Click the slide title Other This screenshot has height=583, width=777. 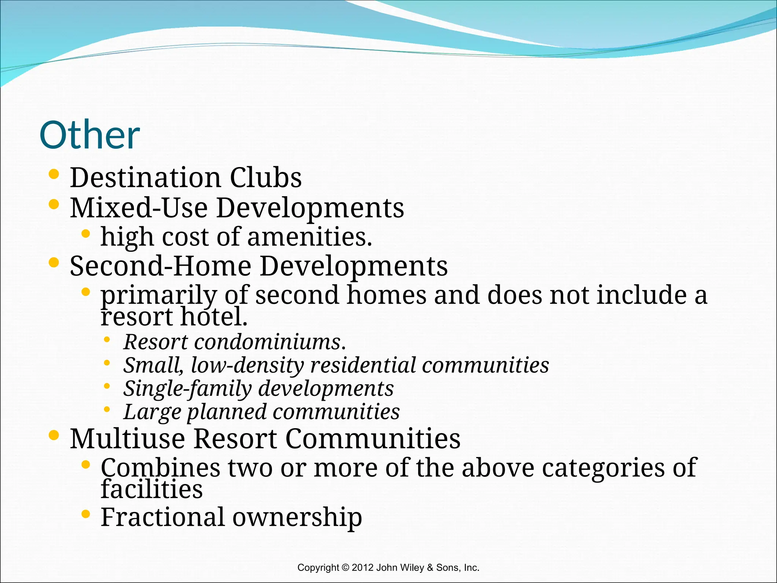point(90,135)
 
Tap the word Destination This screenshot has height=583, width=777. point(145,178)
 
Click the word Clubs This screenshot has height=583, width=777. point(266,178)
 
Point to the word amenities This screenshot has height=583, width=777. point(309,237)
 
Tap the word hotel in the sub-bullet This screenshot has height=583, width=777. point(213,317)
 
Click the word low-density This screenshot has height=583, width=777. point(247,365)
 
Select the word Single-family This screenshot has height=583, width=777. point(187,389)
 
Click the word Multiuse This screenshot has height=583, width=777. point(127,439)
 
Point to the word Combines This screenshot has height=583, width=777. point(160,468)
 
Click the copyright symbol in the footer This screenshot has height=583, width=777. point(345,568)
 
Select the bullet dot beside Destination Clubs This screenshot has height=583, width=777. point(54,174)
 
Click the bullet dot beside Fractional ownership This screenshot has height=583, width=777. point(86,514)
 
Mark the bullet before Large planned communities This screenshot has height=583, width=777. point(107,410)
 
